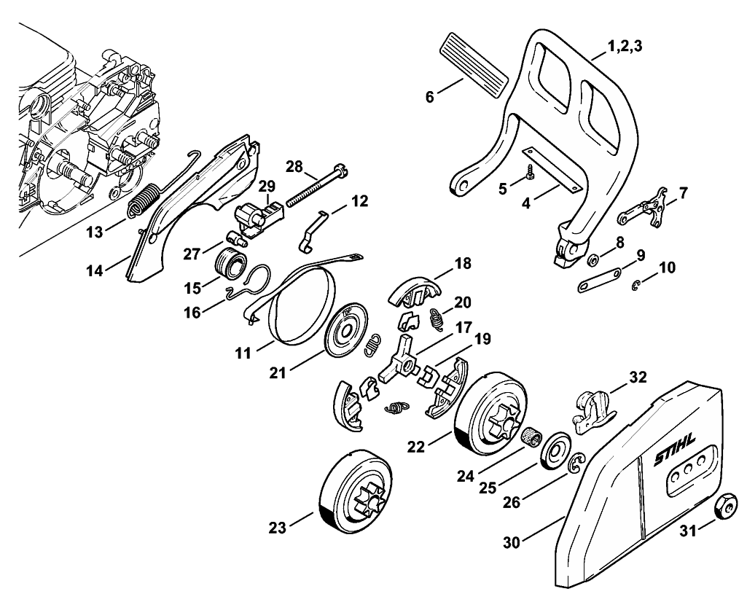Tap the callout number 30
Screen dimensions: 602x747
click(x=512, y=542)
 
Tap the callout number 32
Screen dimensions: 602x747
click(x=638, y=378)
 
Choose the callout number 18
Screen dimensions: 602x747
click(x=462, y=263)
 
